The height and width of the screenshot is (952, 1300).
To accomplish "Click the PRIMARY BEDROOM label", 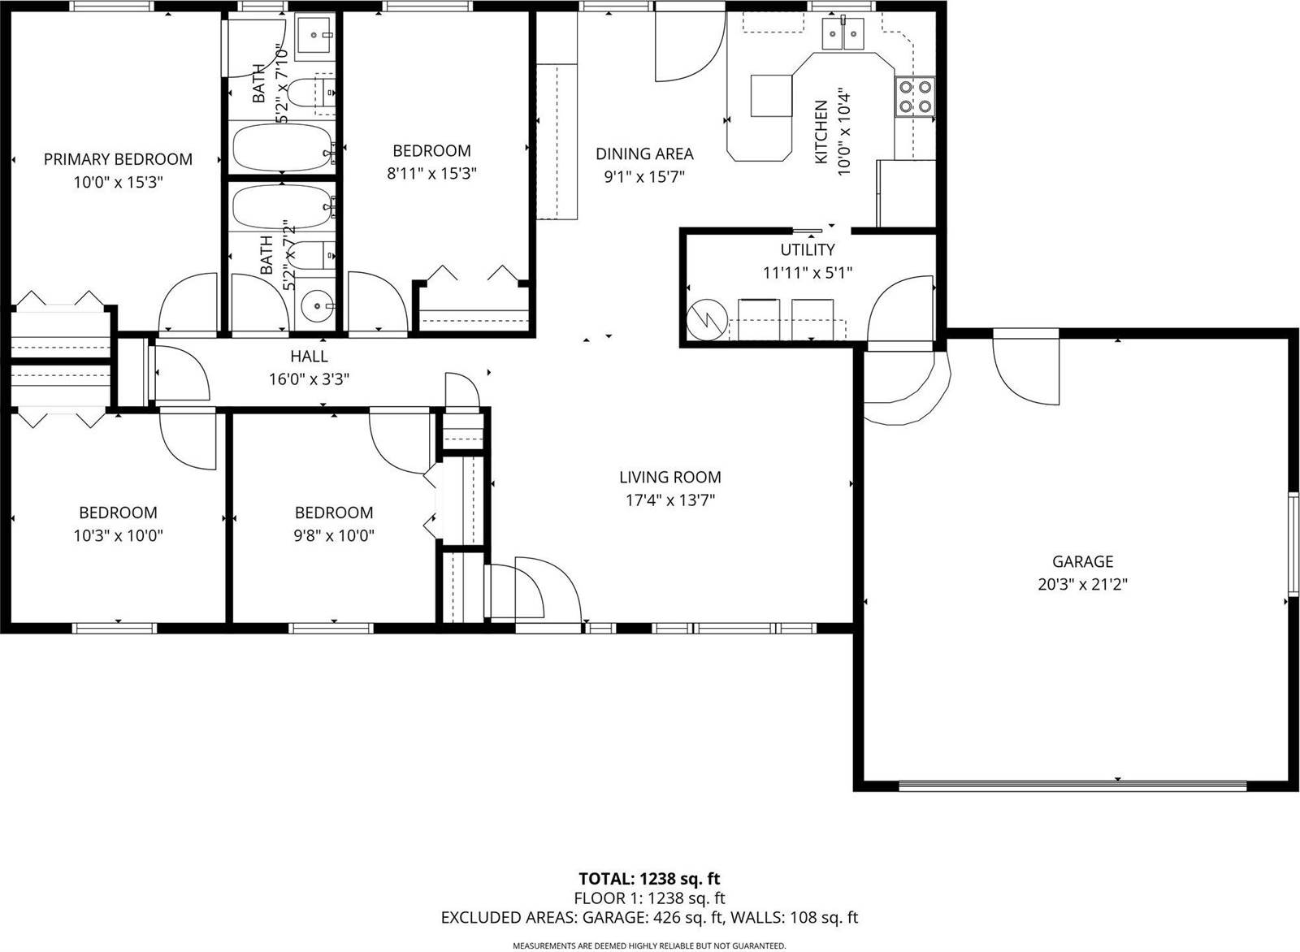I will click(x=118, y=159).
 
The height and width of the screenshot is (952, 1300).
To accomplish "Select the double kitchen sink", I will click(x=843, y=34).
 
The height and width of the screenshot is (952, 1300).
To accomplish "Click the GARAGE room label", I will click(x=1082, y=561).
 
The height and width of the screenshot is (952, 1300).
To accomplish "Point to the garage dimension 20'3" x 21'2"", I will click(x=1082, y=584).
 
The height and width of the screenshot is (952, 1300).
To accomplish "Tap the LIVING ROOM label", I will click(x=669, y=478).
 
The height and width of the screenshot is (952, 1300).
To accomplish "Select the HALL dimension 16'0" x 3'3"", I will click(x=309, y=379).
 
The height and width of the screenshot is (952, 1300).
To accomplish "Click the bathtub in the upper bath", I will click(x=281, y=147).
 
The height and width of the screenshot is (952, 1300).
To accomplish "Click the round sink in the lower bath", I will click(x=315, y=306).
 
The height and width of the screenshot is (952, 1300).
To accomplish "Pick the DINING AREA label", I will click(x=644, y=154).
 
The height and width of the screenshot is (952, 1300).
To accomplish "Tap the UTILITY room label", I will click(x=807, y=249).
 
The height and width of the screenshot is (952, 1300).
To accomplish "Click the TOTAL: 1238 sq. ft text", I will click(x=649, y=878).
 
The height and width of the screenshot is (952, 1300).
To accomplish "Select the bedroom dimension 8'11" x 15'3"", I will click(x=431, y=173).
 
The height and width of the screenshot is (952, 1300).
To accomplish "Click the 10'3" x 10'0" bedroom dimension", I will click(x=118, y=535).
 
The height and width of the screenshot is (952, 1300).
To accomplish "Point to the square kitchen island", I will click(x=770, y=96).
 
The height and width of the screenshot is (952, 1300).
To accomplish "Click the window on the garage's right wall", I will click(x=1290, y=543).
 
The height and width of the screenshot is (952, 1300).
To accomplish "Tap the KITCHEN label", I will click(x=821, y=132).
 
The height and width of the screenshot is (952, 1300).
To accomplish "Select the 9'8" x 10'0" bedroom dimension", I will click(x=334, y=535).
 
